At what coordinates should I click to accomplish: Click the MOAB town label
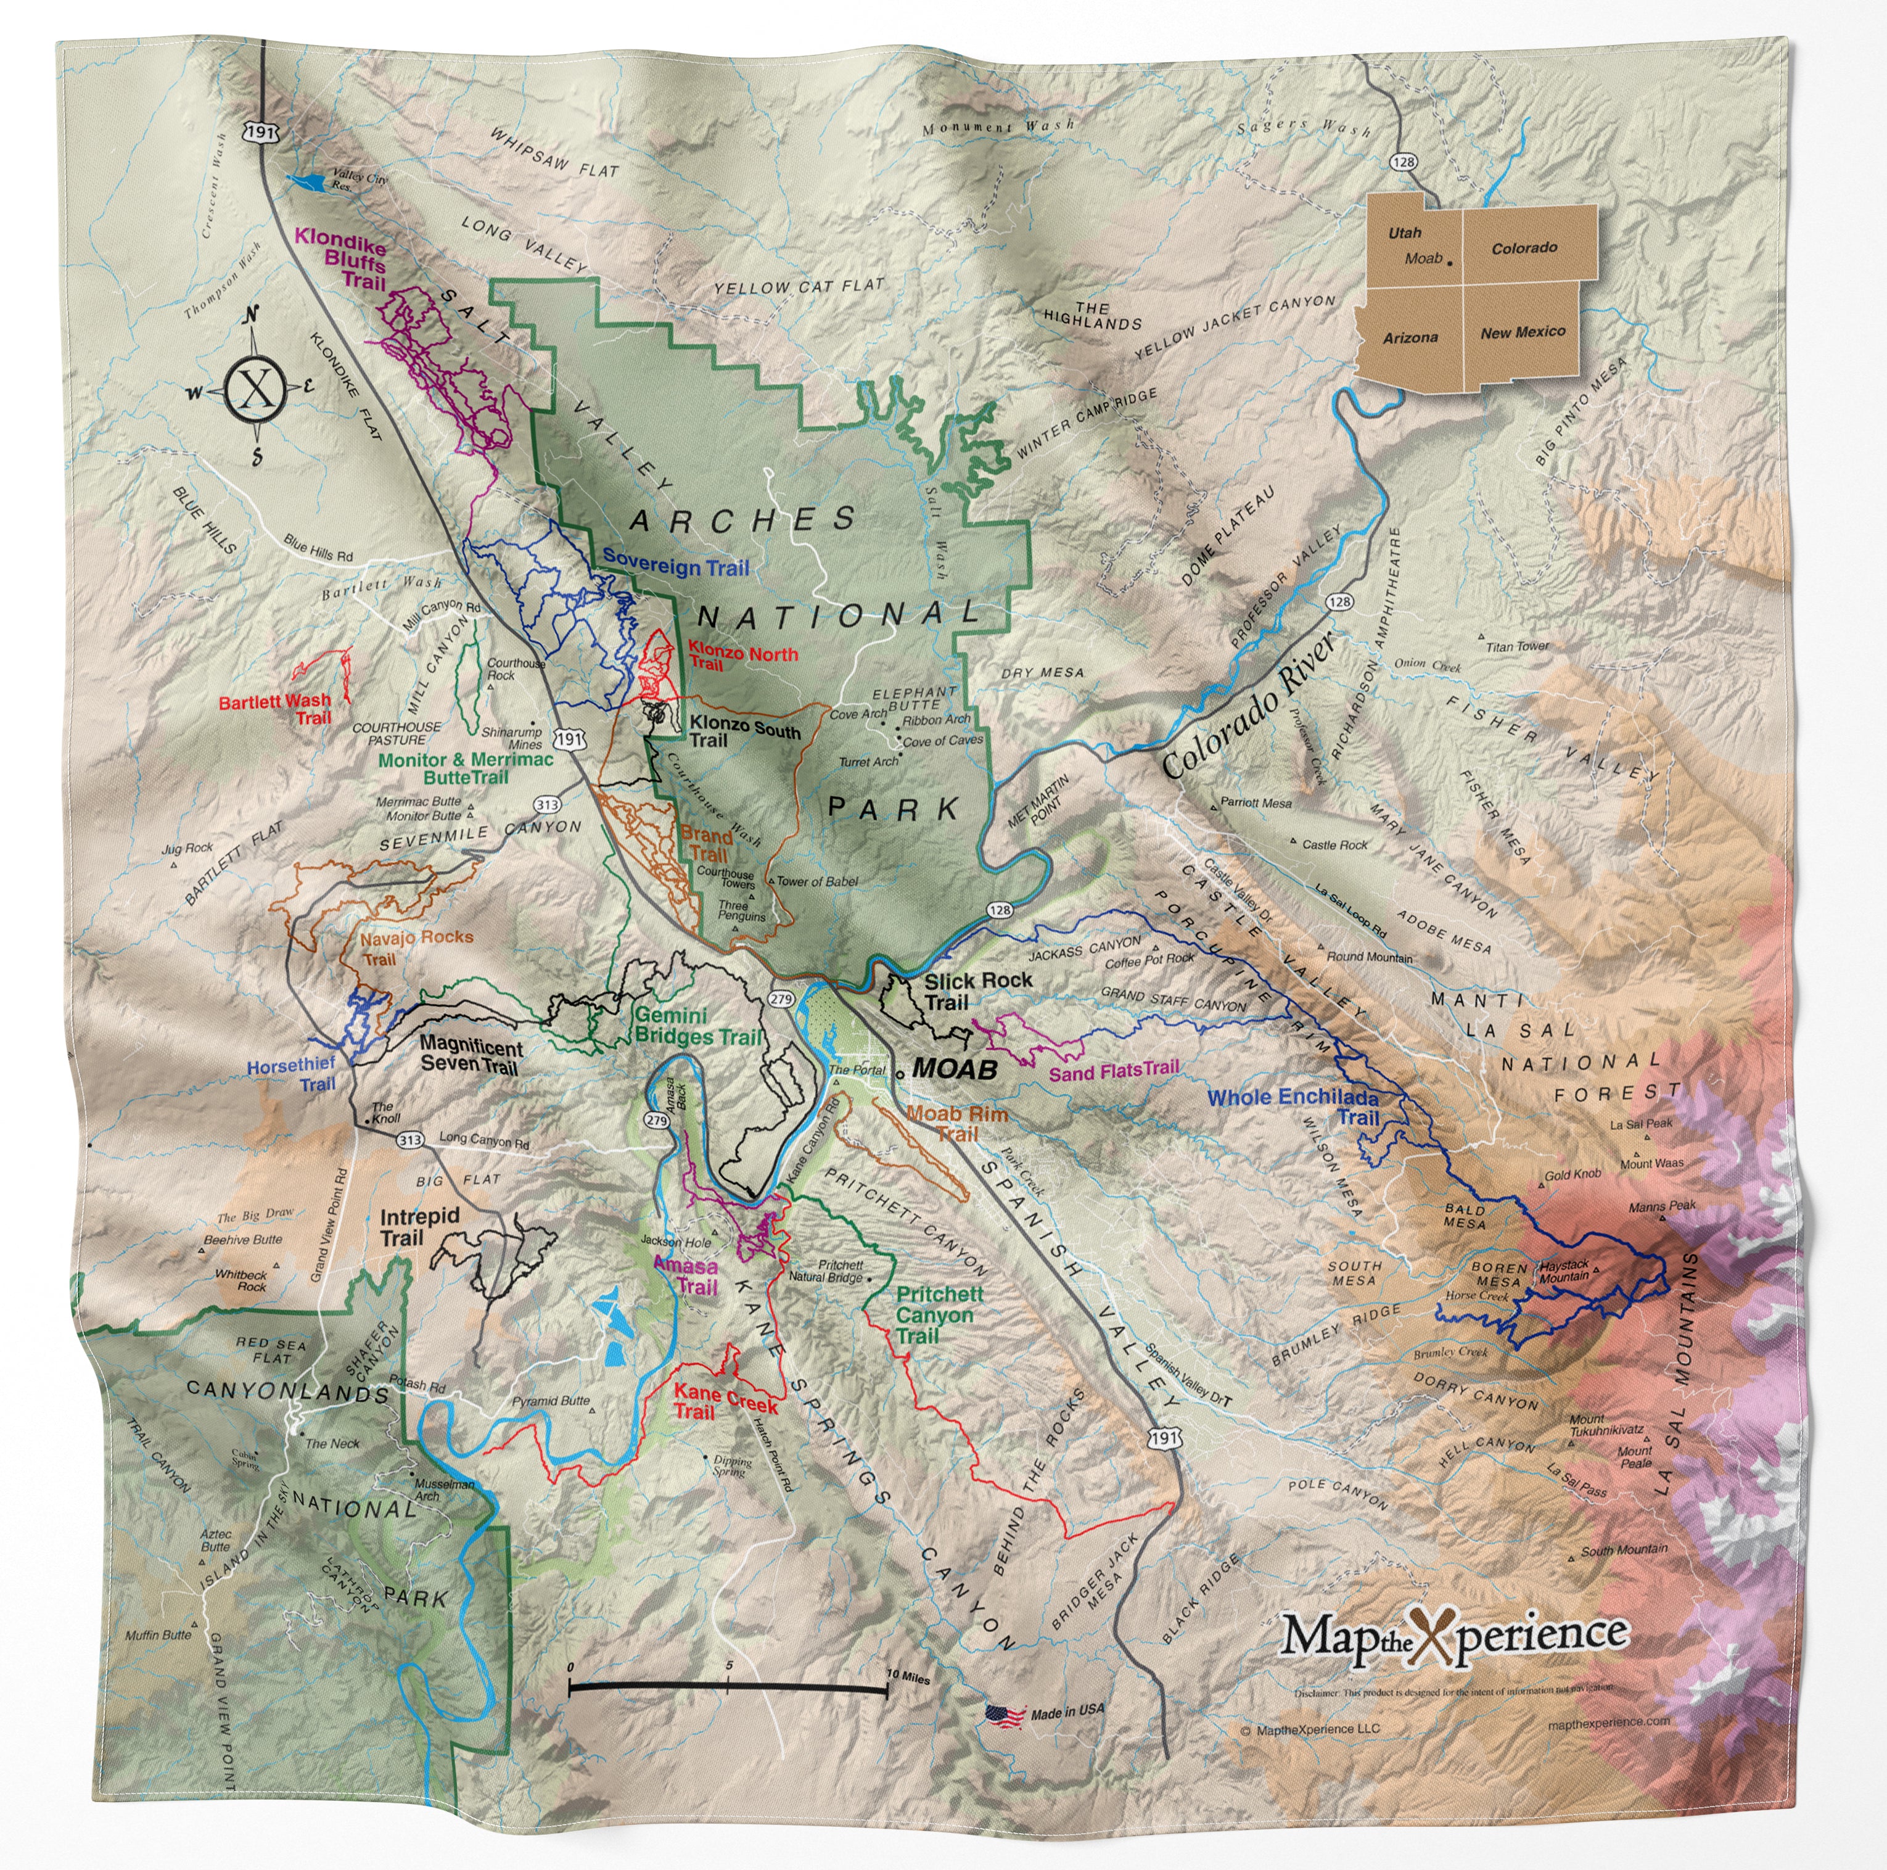pos(953,1069)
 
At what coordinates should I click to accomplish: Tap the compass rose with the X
pos(255,388)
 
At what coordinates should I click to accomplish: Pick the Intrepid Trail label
pos(418,1226)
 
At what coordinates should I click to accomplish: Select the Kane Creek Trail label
pos(724,1402)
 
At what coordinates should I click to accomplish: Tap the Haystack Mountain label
pos(1564,1270)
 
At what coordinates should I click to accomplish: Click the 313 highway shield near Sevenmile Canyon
pos(547,804)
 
